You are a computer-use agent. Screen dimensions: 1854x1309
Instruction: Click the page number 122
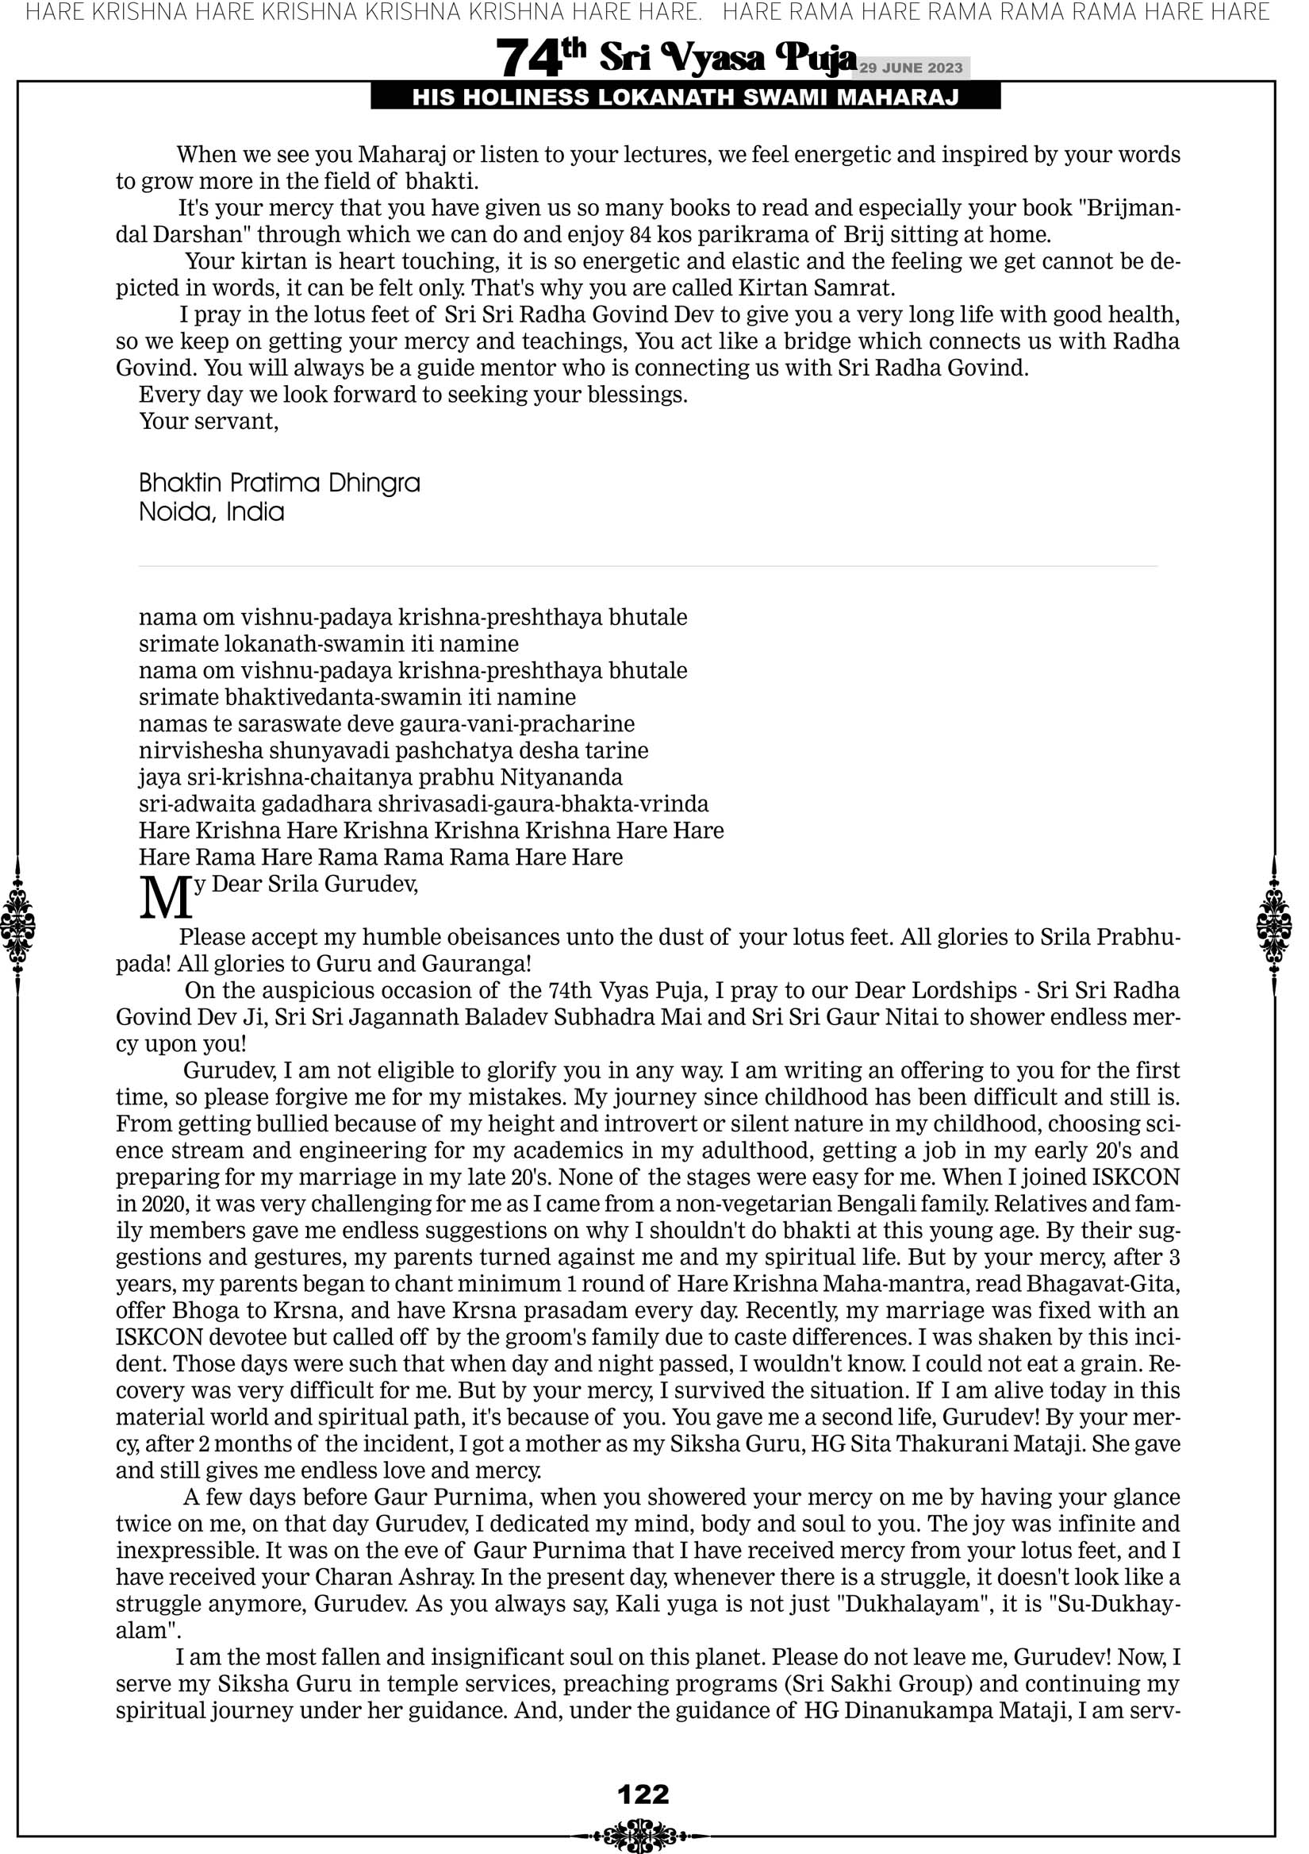point(643,1794)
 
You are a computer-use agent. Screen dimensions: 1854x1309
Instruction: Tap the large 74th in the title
point(540,58)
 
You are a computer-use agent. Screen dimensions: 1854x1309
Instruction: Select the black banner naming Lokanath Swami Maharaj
point(685,98)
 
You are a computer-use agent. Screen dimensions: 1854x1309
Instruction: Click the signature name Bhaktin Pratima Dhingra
point(279,483)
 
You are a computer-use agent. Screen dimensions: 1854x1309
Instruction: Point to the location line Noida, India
point(212,512)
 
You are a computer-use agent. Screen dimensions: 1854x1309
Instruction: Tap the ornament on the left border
point(17,925)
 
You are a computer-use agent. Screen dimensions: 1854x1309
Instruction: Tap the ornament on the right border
point(1274,925)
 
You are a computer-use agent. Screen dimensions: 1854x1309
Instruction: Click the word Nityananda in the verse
point(562,777)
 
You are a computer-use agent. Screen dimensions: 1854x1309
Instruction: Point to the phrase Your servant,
point(209,421)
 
